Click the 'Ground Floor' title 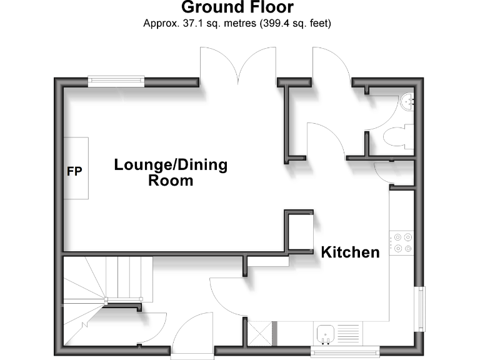237,8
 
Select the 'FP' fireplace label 74,170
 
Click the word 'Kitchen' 350,252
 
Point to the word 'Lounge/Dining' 170,166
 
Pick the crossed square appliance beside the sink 261,333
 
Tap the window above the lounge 116,80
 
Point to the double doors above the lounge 238,66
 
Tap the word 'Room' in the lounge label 171,181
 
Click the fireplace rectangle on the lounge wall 76,168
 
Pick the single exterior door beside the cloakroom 331,66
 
